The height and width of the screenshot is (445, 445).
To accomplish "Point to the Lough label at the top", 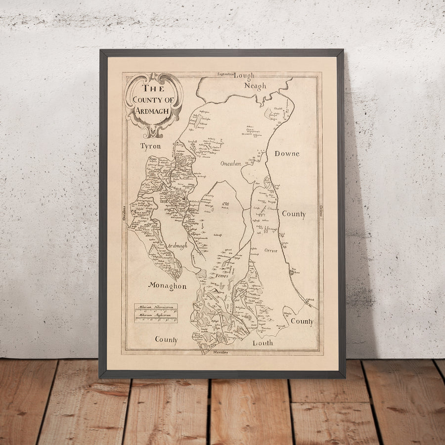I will pyautogui.click(x=244, y=76).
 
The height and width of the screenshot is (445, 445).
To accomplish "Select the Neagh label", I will pyautogui.click(x=255, y=86).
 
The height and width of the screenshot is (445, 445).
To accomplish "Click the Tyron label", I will pyautogui.click(x=150, y=146).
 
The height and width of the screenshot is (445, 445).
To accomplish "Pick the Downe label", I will pyautogui.click(x=287, y=154).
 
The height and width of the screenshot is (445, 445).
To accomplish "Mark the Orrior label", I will pyautogui.click(x=270, y=250).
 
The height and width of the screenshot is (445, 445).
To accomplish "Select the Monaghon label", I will pyautogui.click(x=167, y=286).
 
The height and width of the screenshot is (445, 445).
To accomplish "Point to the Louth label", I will pyautogui.click(x=263, y=343).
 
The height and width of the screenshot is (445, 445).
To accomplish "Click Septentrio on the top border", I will pyautogui.click(x=225, y=75).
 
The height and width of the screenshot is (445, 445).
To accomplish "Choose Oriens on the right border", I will pyautogui.click(x=320, y=213).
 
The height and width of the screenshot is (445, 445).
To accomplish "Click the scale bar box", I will pyautogui.click(x=156, y=313).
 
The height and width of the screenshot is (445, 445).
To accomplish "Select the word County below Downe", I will pyautogui.click(x=293, y=215).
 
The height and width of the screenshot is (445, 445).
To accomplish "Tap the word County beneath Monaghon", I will pyautogui.click(x=166, y=340).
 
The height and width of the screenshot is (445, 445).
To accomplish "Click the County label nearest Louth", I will pyautogui.click(x=302, y=321).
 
